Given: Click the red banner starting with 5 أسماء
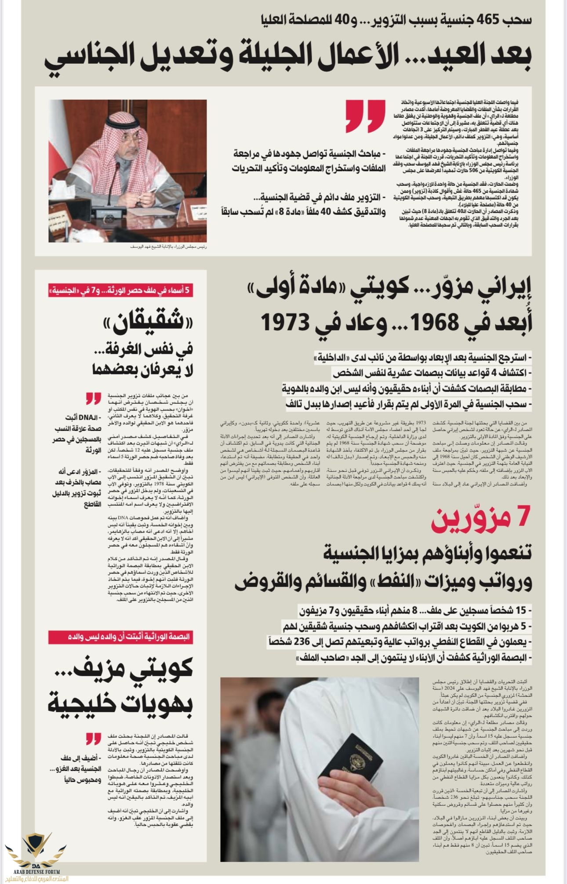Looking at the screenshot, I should pos(121,290).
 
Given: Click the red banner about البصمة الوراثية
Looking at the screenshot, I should pos(120,637).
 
